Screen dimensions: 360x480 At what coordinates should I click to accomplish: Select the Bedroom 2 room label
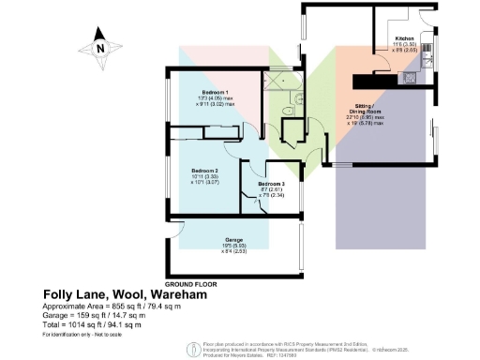click(x=205, y=170)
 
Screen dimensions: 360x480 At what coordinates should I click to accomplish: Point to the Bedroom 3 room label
click(x=272, y=184)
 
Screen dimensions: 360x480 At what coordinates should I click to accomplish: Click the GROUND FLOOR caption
click(x=191, y=282)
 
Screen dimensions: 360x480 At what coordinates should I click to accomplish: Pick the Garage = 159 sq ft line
click(x=97, y=317)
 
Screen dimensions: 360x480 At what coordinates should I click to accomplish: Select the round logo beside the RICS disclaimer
click(x=193, y=348)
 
